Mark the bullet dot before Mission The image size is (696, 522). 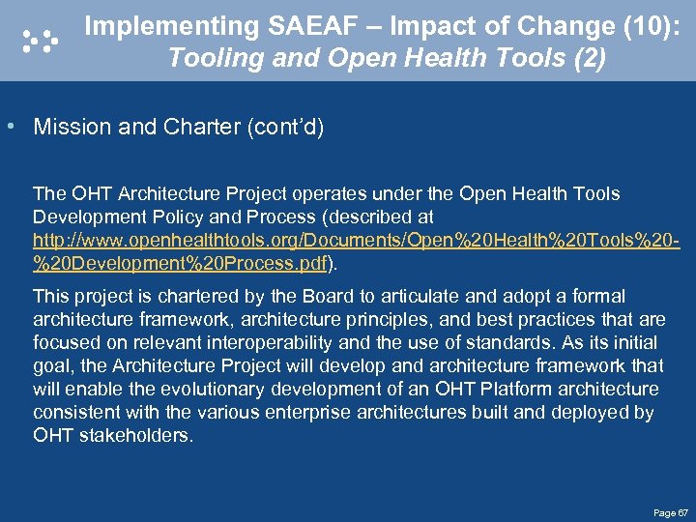tap(10, 128)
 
